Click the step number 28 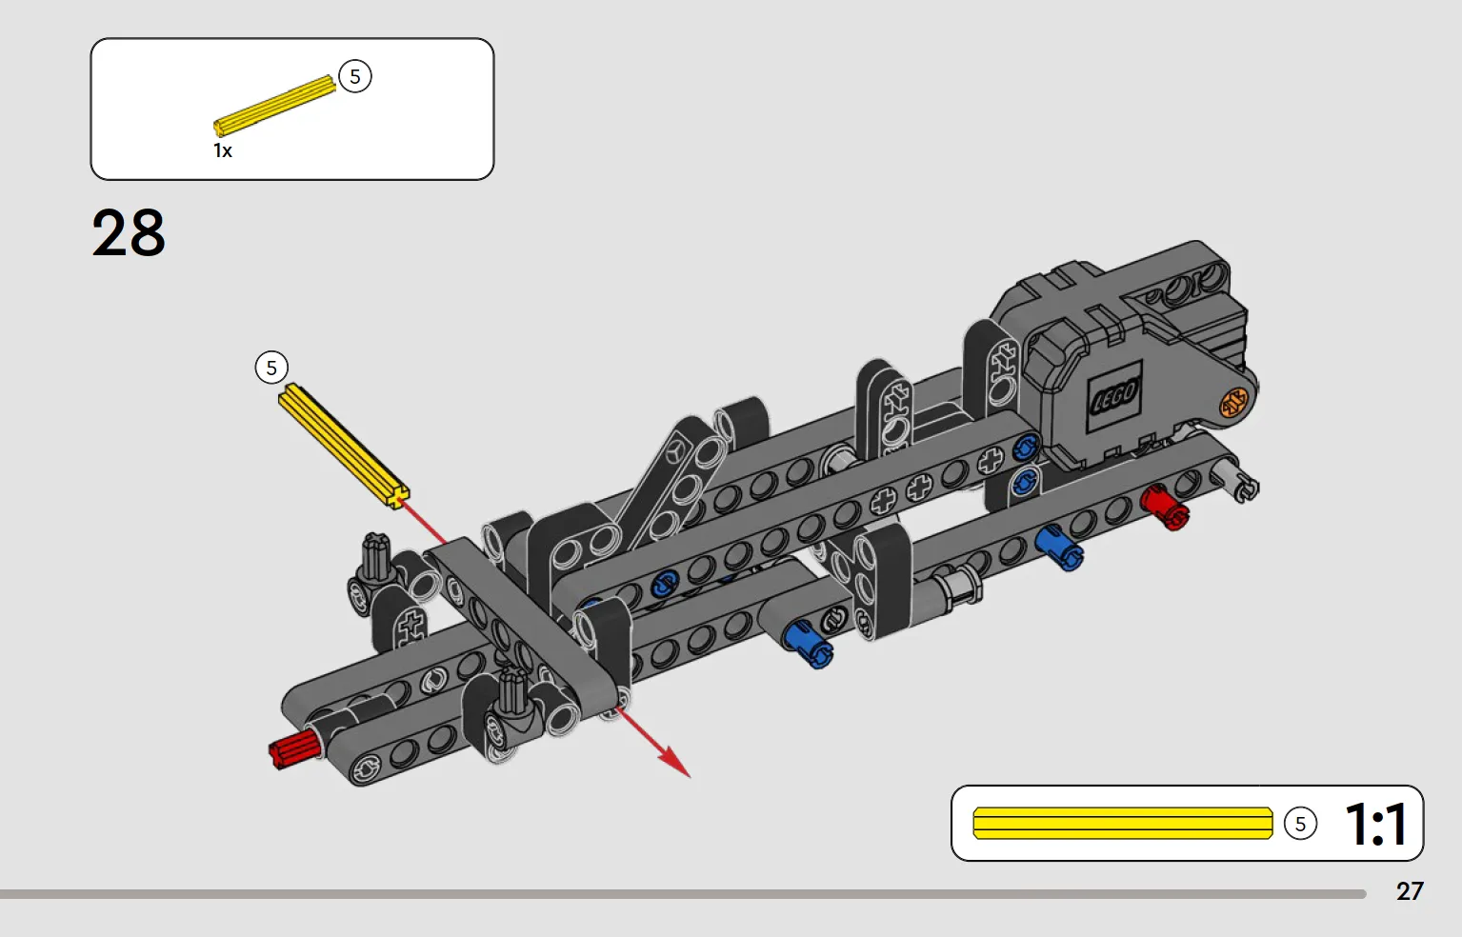[129, 233]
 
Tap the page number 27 [1409, 891]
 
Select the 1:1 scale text [1376, 824]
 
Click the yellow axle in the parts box [274, 105]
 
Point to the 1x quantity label [223, 150]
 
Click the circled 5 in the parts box [355, 76]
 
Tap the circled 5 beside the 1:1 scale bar [1300, 824]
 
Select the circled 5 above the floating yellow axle [271, 368]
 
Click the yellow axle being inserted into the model [344, 446]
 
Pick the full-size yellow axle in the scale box [1123, 823]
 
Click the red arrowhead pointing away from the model [675, 763]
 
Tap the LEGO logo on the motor [1114, 395]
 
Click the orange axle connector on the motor [1233, 402]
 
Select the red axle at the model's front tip [294, 749]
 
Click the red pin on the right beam [1165, 508]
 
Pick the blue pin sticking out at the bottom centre [808, 645]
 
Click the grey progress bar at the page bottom [683, 894]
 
